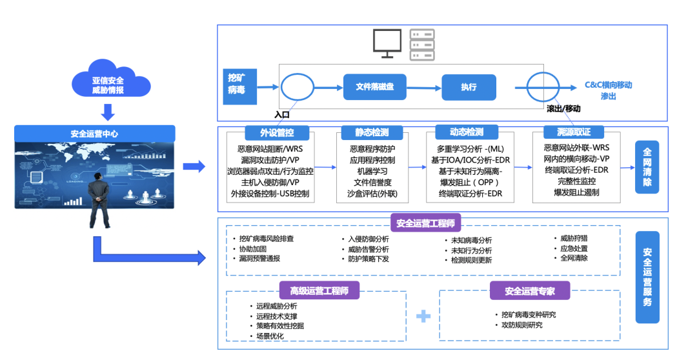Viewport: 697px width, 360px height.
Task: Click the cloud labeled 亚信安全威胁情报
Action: point(108,81)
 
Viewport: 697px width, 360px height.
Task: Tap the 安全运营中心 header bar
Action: point(94,134)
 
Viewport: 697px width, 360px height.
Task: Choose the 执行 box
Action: point(469,86)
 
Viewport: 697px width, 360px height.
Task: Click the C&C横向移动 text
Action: point(608,85)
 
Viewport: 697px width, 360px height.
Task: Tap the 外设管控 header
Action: point(277,132)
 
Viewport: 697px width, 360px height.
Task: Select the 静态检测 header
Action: point(372,132)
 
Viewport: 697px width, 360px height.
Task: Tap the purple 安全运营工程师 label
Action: point(425,223)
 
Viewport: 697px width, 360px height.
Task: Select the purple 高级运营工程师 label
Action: point(319,291)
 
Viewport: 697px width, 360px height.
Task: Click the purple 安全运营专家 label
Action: point(530,291)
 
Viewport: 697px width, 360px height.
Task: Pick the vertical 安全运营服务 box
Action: point(647,277)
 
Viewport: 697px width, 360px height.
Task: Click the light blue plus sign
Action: point(423,316)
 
